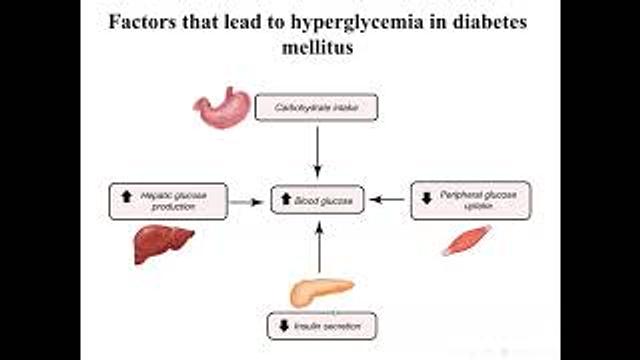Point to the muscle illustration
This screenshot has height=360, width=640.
tap(466, 239)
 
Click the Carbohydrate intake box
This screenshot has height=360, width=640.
tap(315, 106)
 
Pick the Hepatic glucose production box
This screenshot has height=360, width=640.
tap(168, 200)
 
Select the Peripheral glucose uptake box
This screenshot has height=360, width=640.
tap(470, 200)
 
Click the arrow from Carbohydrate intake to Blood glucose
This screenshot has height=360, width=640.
tap(318, 150)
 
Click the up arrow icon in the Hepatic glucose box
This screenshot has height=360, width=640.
tap(126, 197)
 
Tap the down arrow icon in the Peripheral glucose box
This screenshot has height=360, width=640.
tap(426, 198)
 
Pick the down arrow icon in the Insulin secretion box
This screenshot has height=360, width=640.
tap(283, 326)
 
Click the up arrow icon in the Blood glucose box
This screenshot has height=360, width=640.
tap(286, 201)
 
